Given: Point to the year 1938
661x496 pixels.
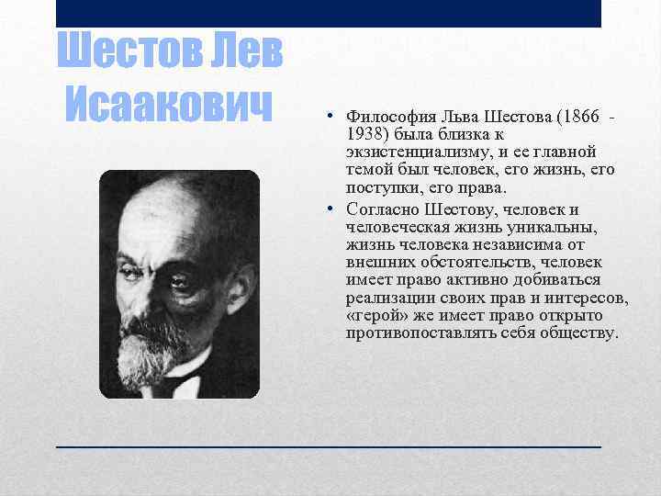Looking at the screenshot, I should (x=364, y=134).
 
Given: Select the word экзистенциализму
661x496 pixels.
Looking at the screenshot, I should (x=405, y=152).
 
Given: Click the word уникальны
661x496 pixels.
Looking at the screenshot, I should (x=554, y=227).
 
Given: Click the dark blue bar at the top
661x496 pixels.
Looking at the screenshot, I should (x=329, y=13).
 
